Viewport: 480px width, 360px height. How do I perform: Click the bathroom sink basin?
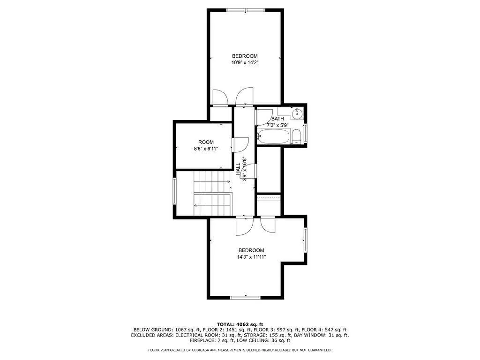point(297,113)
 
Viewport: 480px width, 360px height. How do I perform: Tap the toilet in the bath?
point(296,138)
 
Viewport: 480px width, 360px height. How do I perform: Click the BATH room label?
point(277,119)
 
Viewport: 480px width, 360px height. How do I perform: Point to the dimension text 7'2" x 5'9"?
point(278,126)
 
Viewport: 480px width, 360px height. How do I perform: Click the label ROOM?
point(206,142)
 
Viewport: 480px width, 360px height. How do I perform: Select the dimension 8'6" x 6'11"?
point(206,149)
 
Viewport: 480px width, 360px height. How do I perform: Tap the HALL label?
point(238,168)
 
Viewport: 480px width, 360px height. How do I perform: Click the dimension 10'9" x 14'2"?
point(245,63)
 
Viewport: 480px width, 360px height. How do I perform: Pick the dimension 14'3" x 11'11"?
point(251,257)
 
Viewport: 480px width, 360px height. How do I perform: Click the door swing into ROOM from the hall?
point(241,144)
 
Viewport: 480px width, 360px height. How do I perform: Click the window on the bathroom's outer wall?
point(306,133)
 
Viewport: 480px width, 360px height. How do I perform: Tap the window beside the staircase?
point(174,193)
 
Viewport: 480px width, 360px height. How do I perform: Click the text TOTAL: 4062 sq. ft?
point(240,324)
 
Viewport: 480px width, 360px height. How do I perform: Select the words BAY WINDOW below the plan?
point(310,335)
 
